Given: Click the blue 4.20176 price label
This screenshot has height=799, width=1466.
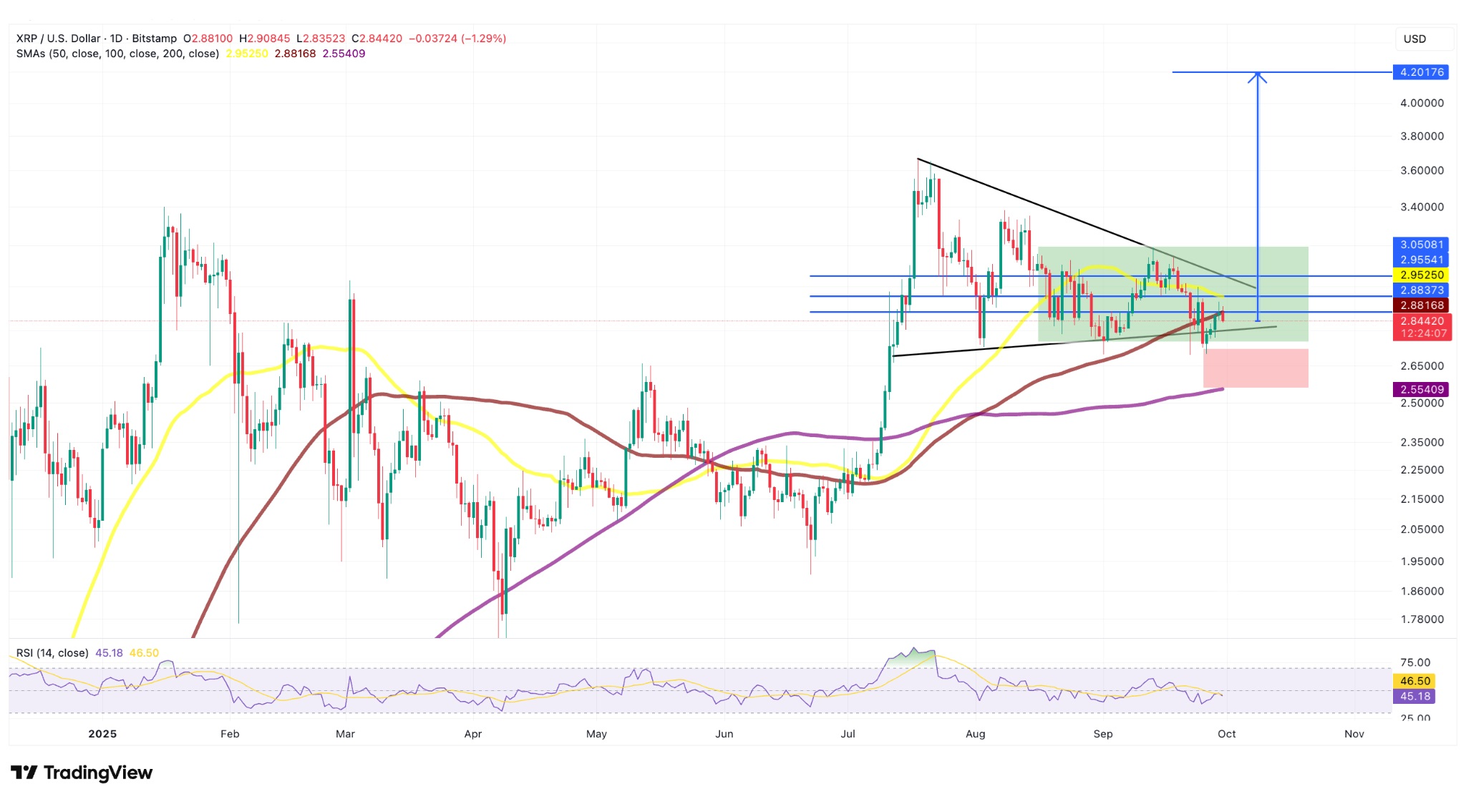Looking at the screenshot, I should tap(1421, 72).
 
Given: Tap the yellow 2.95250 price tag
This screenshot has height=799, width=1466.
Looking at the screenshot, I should tap(1421, 275).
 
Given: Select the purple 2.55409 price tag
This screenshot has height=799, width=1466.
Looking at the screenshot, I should tap(1421, 389).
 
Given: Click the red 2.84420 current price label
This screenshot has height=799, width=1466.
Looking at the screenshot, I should tap(1422, 321).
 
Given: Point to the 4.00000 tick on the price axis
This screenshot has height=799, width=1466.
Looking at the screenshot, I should tap(1422, 103).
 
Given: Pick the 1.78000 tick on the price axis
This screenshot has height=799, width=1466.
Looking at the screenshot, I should tap(1422, 619).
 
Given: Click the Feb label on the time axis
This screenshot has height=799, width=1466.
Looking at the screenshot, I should tap(230, 734).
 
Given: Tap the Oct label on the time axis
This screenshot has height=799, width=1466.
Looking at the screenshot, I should tap(1226, 734).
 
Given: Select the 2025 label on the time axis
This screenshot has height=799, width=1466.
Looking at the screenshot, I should tap(102, 734).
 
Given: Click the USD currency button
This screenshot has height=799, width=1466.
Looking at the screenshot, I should tap(1414, 39).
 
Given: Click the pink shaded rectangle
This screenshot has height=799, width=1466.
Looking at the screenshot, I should tap(1256, 368).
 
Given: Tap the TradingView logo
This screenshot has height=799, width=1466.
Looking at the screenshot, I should tap(82, 773).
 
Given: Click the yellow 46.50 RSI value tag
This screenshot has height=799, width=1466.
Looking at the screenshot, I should tap(1414, 681).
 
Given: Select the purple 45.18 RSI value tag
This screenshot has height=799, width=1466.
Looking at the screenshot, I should tap(1414, 696).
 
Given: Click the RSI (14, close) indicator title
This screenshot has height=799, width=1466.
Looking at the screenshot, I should tap(52, 653).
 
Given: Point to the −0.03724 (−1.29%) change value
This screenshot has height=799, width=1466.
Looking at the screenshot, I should tap(457, 39).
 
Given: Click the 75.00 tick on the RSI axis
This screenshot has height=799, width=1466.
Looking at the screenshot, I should tap(1415, 662).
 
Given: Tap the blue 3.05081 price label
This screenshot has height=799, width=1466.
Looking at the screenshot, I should tap(1421, 245).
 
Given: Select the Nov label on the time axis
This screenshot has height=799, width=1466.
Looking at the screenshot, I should tap(1354, 734).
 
